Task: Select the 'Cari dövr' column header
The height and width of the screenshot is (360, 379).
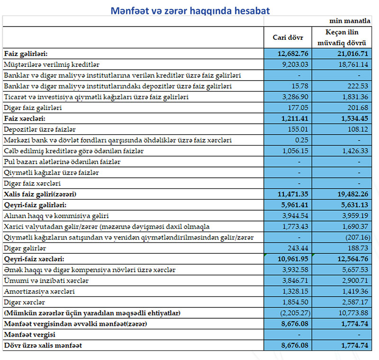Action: (288, 37)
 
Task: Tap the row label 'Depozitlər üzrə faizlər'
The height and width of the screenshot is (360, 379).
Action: (40, 129)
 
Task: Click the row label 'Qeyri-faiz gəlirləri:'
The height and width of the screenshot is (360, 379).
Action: (35, 205)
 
